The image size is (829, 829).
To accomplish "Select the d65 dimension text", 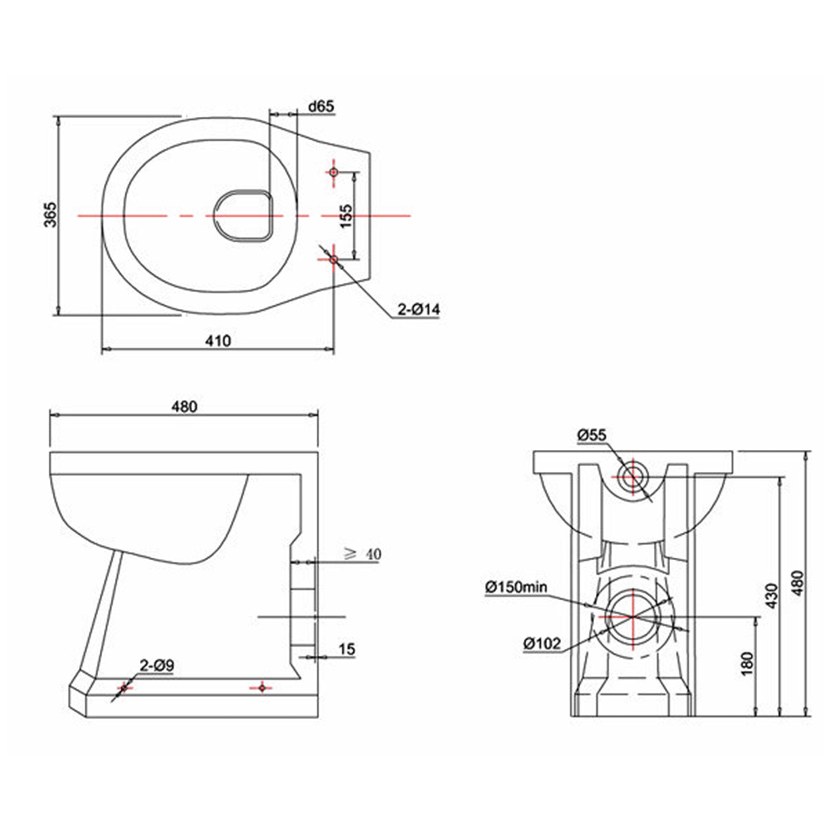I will (x=321, y=107).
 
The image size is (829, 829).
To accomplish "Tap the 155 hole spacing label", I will (x=346, y=216).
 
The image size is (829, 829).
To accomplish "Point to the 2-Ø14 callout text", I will (x=418, y=309).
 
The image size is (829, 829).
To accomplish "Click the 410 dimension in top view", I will (x=218, y=341).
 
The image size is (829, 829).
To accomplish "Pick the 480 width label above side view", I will (x=184, y=407).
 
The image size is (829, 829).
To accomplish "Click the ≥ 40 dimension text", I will (x=363, y=554).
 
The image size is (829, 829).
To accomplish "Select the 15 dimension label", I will (x=347, y=649).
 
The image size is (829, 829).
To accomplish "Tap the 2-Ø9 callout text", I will (x=157, y=666).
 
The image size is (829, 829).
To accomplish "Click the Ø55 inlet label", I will (x=592, y=435).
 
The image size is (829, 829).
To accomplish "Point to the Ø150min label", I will (x=516, y=587).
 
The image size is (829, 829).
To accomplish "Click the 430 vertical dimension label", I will (x=771, y=596).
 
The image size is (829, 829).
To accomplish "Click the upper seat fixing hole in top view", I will (x=333, y=172).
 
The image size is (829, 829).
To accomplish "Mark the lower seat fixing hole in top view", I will (x=333, y=259).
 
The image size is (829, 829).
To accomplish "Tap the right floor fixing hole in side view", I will (x=262, y=688).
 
